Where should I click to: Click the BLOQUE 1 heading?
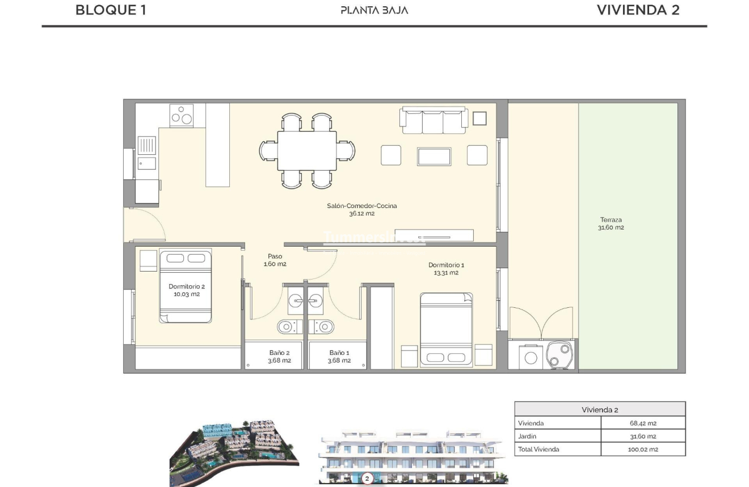(x=111, y=10)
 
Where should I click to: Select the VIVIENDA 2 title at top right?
(x=638, y=10)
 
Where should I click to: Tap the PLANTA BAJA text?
(x=374, y=10)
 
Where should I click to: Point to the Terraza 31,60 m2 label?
(x=611, y=223)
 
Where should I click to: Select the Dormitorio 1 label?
(x=446, y=269)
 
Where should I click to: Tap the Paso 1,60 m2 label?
(x=275, y=260)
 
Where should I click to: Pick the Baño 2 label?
(x=279, y=356)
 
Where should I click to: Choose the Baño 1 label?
(x=339, y=356)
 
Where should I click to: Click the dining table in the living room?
(x=307, y=150)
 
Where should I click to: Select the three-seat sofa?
(x=434, y=120)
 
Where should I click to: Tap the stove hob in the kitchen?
(x=182, y=115)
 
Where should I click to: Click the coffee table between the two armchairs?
(x=434, y=156)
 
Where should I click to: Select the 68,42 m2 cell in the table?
(x=642, y=423)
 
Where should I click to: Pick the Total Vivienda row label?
(x=538, y=450)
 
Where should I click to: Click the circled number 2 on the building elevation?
(x=367, y=479)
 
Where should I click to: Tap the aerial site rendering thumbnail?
(x=234, y=452)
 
